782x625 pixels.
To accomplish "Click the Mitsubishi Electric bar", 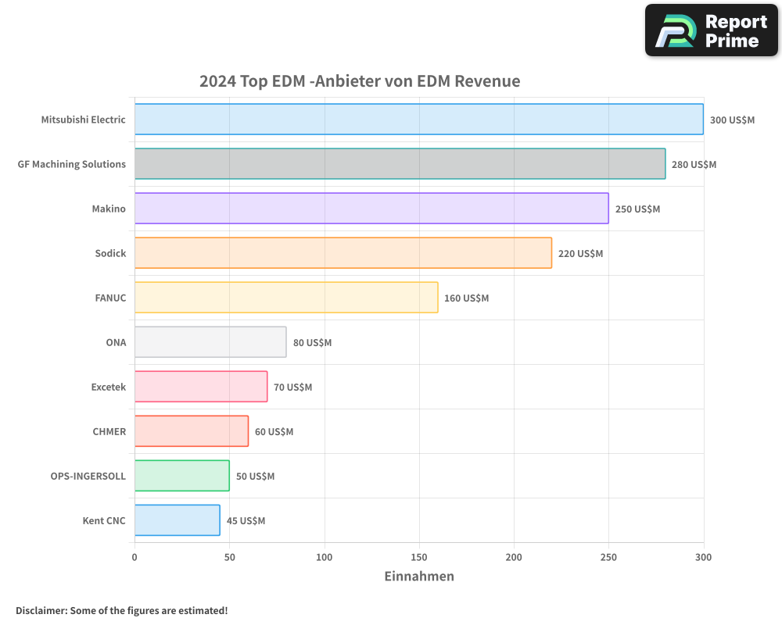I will pos(418,120).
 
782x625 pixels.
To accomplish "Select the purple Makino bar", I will pos(371,209).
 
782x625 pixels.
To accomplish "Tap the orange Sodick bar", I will pos(343,253).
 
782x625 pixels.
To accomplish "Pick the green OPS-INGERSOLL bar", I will pos(181,476).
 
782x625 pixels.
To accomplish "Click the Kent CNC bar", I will pos(177,520).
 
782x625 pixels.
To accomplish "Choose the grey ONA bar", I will pos(210,342).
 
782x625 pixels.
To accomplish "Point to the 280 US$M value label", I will pos(694,165).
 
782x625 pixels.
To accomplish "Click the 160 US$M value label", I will pos(466,298).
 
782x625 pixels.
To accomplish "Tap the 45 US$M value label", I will pos(246,521).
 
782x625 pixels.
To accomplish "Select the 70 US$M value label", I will pos(292,387).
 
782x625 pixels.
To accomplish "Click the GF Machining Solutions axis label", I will pos(72,164).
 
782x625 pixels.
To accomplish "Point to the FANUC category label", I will pos(110,298).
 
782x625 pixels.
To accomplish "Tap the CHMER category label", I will pos(109,431).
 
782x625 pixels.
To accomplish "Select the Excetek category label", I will pos(108,387).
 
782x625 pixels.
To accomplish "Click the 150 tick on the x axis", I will pos(419,557).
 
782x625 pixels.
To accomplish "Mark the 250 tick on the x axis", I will pos(608,557).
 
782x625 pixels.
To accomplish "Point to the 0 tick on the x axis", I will pos(135,557).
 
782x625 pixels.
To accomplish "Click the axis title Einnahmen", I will pos(418,577).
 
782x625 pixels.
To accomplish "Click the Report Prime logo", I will pos(711,30).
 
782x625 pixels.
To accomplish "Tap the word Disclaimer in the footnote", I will pos(40,611).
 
